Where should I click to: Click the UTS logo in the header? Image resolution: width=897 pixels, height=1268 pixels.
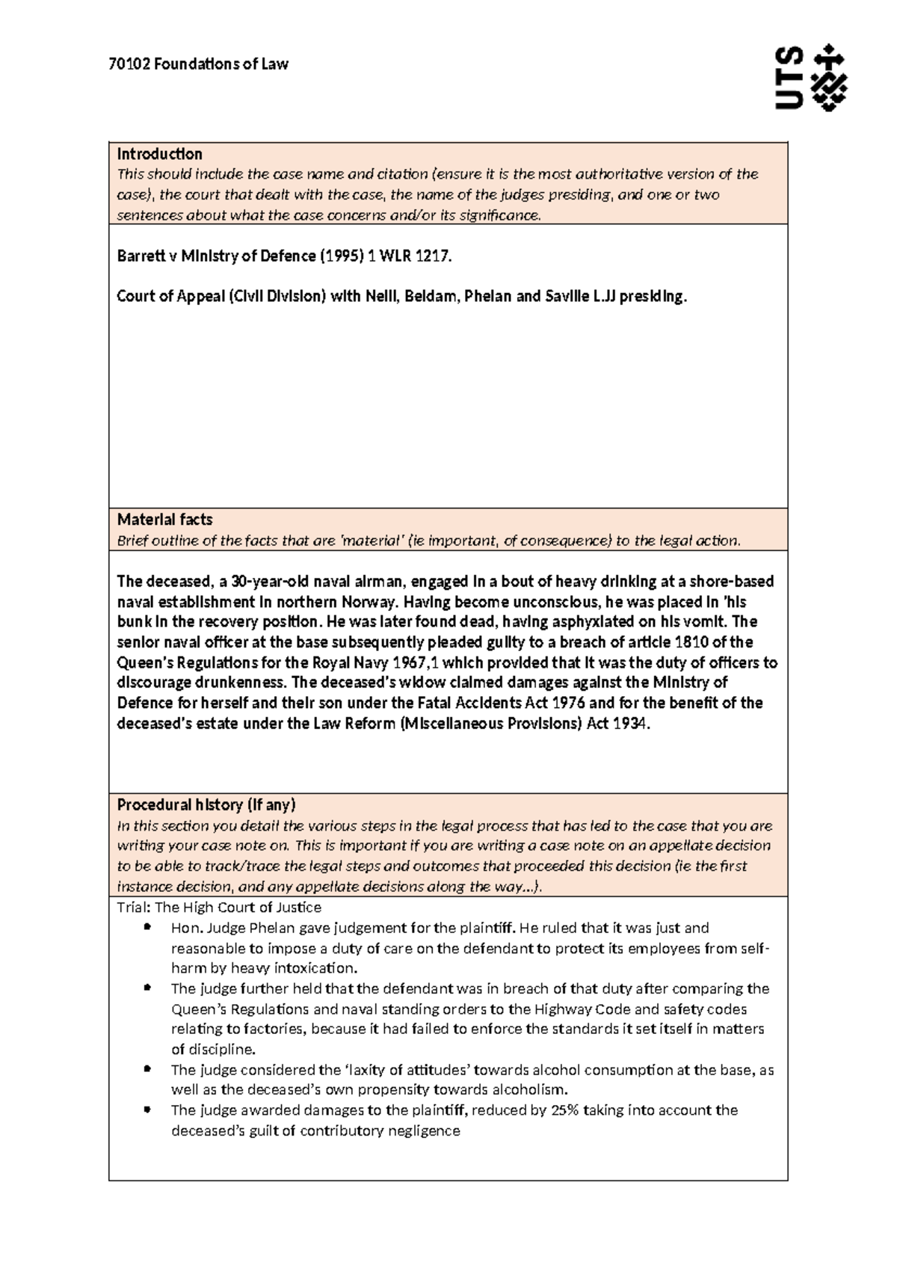click(x=810, y=78)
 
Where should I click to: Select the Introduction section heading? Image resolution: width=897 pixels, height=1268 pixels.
click(x=159, y=154)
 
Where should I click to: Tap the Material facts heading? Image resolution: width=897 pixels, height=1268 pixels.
click(x=164, y=520)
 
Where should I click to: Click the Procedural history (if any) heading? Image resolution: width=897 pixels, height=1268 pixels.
click(x=206, y=805)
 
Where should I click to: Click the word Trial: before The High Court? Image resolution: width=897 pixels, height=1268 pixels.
click(x=134, y=908)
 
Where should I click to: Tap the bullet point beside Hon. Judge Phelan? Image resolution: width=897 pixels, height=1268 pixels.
click(x=147, y=928)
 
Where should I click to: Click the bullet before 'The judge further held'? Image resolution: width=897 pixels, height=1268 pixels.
click(x=147, y=988)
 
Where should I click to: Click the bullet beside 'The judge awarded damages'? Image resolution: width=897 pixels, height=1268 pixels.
click(x=147, y=1110)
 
